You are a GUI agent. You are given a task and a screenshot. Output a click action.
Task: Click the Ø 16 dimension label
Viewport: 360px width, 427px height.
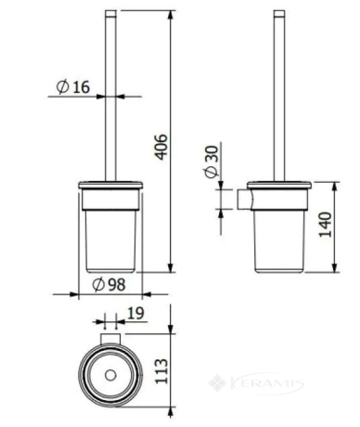[x=73, y=86]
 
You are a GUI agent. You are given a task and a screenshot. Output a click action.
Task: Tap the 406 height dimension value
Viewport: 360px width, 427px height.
[x=161, y=147]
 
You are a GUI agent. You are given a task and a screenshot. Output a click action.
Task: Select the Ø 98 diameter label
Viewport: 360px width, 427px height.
[x=109, y=284]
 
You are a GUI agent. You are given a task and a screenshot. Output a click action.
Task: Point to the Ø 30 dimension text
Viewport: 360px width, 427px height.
[x=212, y=162]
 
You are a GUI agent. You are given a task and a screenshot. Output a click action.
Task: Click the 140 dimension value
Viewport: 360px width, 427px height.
[x=325, y=225]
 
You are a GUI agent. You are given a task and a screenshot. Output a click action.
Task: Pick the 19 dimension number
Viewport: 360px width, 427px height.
[x=135, y=313]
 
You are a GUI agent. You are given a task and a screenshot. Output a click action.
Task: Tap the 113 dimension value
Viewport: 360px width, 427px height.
[x=161, y=371]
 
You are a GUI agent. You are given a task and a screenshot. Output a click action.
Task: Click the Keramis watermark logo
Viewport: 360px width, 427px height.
[x=256, y=383]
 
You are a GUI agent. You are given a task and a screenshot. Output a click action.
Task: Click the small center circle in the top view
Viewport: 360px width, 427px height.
[x=110, y=375]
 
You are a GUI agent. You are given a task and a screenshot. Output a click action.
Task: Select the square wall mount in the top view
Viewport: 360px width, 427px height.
[x=110, y=339]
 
